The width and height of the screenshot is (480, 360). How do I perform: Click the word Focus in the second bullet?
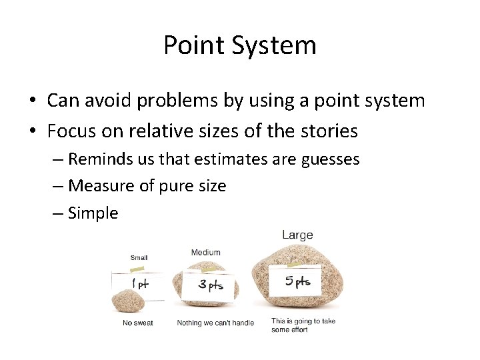point(71,131)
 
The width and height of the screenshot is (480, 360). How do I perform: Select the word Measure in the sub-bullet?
point(101,186)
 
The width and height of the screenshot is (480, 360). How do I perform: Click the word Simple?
point(93,213)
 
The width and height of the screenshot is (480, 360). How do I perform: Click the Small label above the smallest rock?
point(139,257)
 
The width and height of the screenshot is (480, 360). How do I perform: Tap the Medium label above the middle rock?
point(205,252)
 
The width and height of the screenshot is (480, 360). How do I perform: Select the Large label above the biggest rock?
point(297,235)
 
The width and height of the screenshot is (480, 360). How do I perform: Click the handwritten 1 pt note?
point(140,283)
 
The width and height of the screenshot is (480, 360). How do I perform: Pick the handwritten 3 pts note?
point(210,285)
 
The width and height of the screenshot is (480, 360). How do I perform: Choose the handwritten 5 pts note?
point(297,281)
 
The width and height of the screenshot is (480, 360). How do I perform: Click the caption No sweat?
point(138,323)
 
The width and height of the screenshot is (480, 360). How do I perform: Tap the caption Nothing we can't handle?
point(215,323)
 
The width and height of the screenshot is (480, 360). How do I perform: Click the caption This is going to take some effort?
point(303,325)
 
